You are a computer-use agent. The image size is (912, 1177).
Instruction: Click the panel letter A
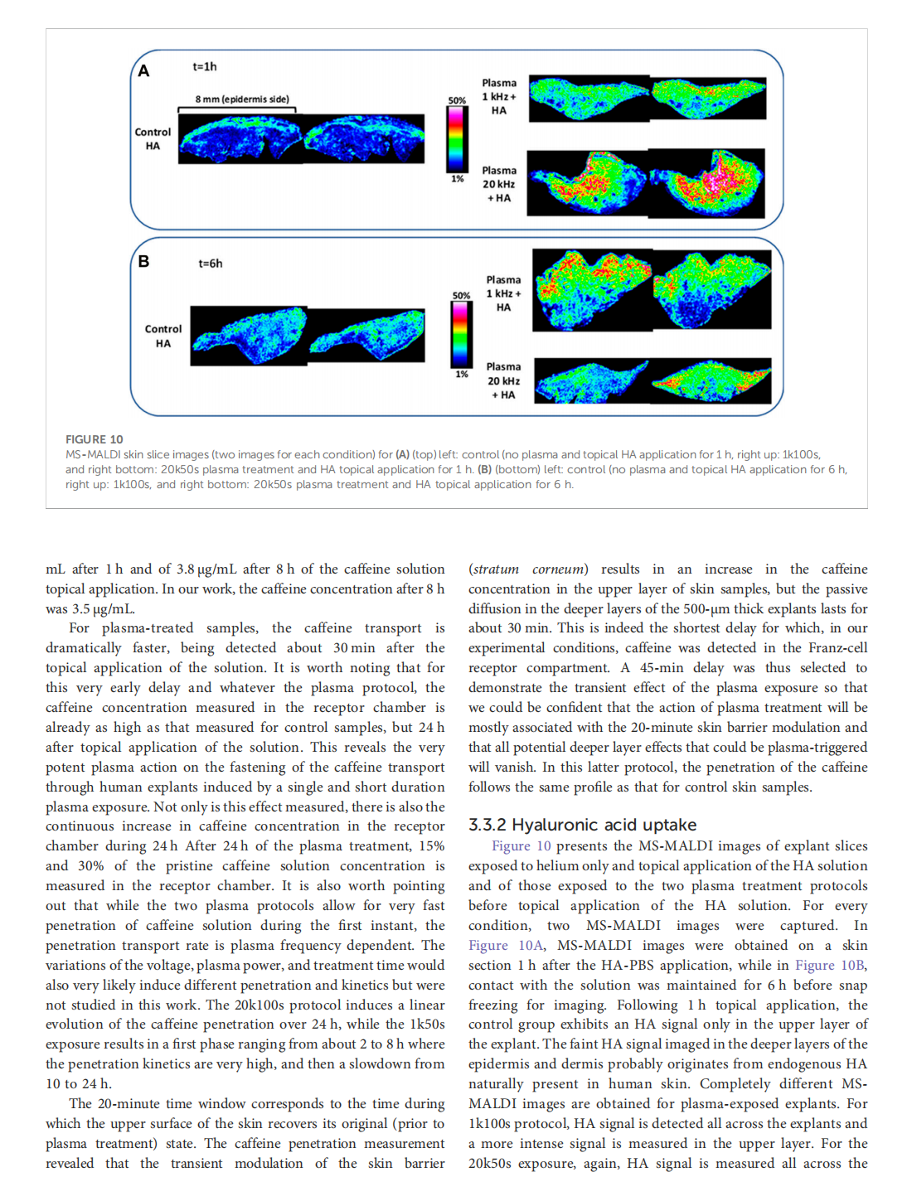(143, 71)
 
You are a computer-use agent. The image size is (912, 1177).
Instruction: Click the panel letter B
(143, 262)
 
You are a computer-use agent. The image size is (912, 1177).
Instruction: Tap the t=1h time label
(205, 66)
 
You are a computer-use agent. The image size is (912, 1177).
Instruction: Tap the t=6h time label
(211, 264)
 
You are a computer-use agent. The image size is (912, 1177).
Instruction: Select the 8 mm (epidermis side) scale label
(242, 99)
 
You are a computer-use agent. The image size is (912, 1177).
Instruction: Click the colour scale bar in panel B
(461, 334)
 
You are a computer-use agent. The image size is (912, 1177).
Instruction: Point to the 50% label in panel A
(457, 101)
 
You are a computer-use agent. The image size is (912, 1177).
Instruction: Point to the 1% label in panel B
(462, 375)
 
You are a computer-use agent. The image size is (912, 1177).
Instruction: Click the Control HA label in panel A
(153, 139)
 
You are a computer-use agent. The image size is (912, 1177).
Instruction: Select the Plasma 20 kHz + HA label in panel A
(499, 184)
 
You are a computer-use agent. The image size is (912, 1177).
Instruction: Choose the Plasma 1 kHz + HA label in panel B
(504, 293)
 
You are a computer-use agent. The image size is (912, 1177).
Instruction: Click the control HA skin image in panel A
(302, 138)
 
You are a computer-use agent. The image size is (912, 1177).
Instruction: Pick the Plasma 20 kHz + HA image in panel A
(647, 182)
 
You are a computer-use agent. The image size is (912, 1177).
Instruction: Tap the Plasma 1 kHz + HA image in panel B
(653, 290)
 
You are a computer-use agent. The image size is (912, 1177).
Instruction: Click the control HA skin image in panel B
(308, 335)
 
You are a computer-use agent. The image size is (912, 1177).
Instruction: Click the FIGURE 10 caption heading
(95, 439)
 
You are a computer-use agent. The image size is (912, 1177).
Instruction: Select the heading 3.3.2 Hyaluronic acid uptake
(582, 825)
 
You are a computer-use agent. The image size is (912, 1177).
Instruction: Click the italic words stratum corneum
(528, 569)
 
